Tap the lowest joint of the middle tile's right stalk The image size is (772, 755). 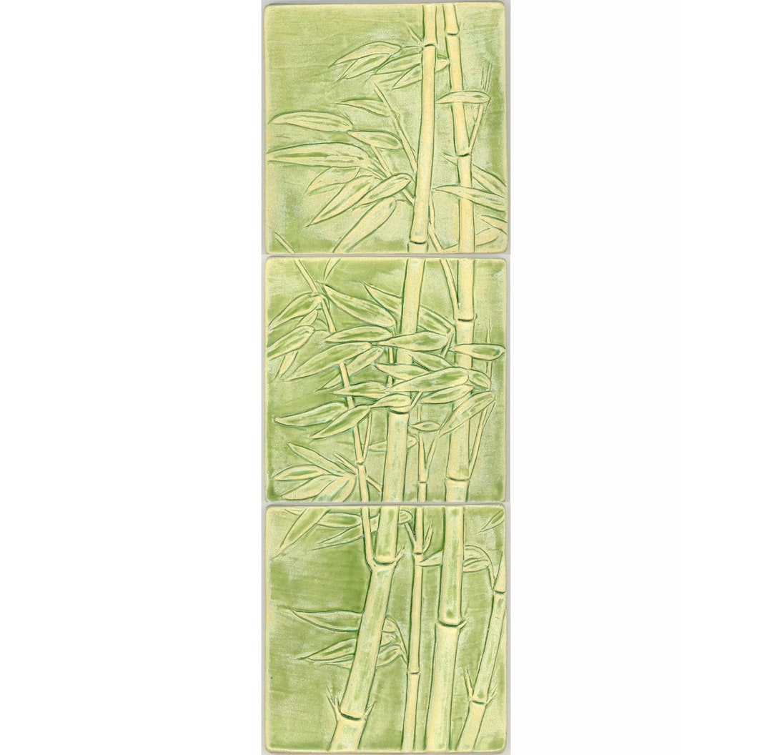[457, 482]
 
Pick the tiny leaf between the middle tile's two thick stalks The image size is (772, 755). [426, 426]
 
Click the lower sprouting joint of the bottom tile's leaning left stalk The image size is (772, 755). [342, 714]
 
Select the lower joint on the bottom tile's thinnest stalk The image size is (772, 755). [412, 671]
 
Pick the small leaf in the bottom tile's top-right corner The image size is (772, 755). [493, 519]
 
